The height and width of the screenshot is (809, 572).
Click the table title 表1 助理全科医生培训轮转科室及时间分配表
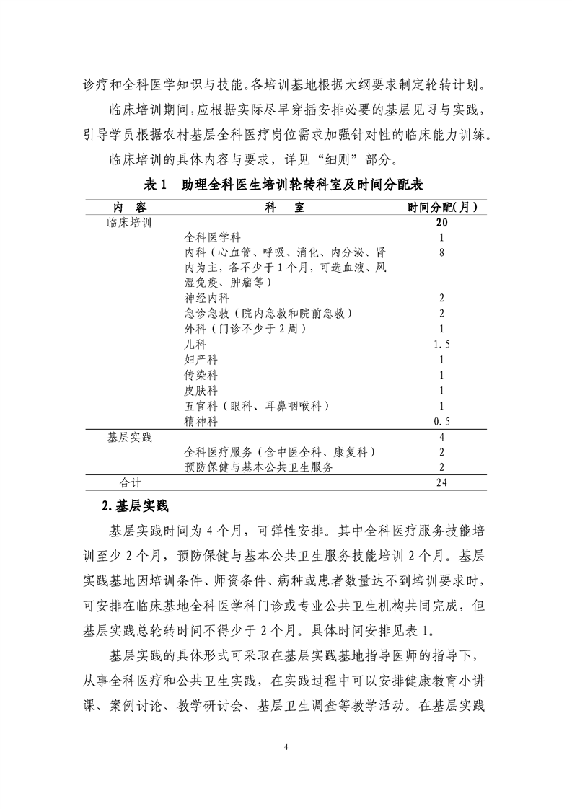[x=285, y=185]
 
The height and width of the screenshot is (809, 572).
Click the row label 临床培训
[x=129, y=223]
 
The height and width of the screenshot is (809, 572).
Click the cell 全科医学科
[x=213, y=237]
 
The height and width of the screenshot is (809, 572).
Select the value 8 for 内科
[x=441, y=252]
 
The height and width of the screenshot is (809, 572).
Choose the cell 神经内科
[x=207, y=298]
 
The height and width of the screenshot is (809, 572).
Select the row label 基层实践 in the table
[x=129, y=437]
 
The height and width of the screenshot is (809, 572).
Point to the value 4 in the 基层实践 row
[x=441, y=437]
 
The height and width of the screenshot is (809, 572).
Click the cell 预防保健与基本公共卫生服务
[x=259, y=467]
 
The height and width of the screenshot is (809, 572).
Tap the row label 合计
[x=131, y=482]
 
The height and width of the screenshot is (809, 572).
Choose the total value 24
[x=441, y=482]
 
